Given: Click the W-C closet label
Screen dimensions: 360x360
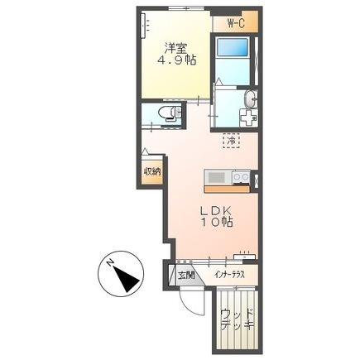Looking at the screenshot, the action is coord(236,23).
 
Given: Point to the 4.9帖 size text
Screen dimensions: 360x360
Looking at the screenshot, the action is coord(176,60).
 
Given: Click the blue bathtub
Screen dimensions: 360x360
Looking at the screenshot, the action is coord(233,47).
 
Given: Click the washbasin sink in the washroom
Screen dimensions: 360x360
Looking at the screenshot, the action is coord(251,98).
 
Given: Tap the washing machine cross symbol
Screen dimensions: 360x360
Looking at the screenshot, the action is coord(248,118).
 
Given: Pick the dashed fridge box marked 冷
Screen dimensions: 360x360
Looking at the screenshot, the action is coord(231,141).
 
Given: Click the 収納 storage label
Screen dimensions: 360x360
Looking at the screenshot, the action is coord(151,172).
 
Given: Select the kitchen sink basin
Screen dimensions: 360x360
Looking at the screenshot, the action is coord(217,178).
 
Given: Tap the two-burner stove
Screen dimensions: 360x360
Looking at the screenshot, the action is coord(241,177).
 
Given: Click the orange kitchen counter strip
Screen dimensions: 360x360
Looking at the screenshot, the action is coord(227,190).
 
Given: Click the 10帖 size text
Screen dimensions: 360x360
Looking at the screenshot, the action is coord(217,222).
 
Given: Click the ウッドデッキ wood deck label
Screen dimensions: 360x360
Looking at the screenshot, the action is coord(238,319).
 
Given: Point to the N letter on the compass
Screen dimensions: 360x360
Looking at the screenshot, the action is coord(110,262).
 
